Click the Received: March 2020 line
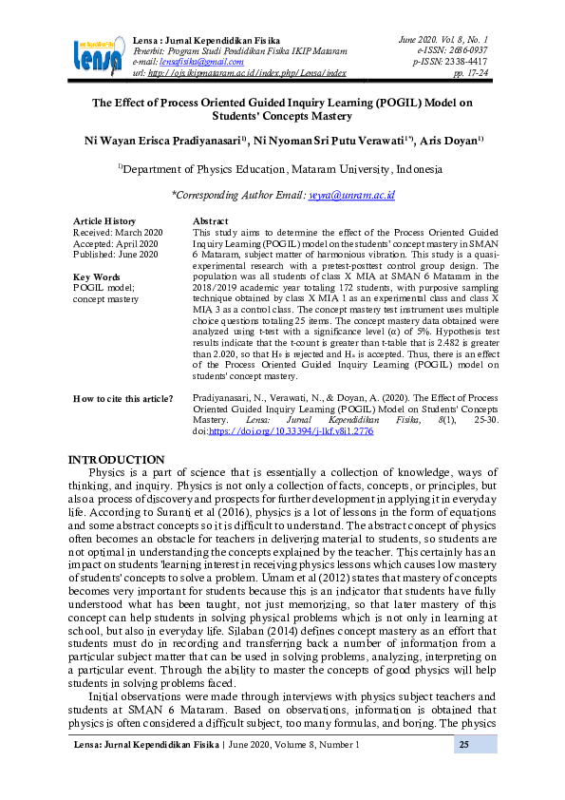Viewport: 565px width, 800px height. [x=118, y=232]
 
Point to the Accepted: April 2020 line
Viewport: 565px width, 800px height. [x=115, y=243]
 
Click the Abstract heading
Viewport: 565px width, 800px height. [x=210, y=220]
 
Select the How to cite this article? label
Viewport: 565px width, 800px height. [x=122, y=398]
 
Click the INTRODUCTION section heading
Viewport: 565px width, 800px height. [x=117, y=460]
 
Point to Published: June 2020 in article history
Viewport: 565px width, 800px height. [x=115, y=255]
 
